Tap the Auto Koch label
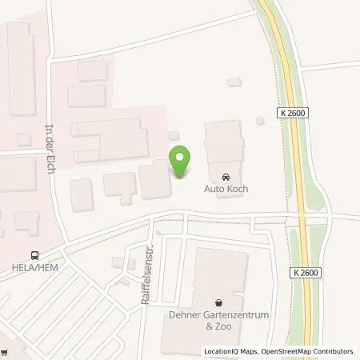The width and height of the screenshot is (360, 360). tap(226, 189)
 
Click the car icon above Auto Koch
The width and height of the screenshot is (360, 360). tap(226, 176)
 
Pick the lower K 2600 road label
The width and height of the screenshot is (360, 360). tap(306, 274)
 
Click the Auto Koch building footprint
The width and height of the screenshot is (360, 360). tap(223, 148)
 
